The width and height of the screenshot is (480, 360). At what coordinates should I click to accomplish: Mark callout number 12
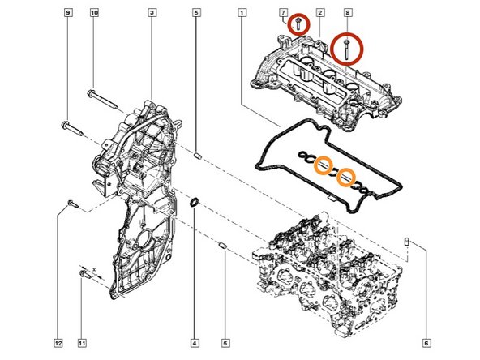click(x=58, y=342)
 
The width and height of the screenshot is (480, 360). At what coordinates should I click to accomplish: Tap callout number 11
click(x=81, y=342)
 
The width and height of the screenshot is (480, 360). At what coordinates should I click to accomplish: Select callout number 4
click(x=195, y=342)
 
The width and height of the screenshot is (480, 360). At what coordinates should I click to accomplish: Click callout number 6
click(x=426, y=342)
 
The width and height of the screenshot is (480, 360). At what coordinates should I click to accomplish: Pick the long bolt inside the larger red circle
click(x=348, y=49)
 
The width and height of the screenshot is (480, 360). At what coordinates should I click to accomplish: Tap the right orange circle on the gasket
click(x=348, y=174)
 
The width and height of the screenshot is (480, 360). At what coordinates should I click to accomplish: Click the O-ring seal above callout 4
click(x=195, y=201)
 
